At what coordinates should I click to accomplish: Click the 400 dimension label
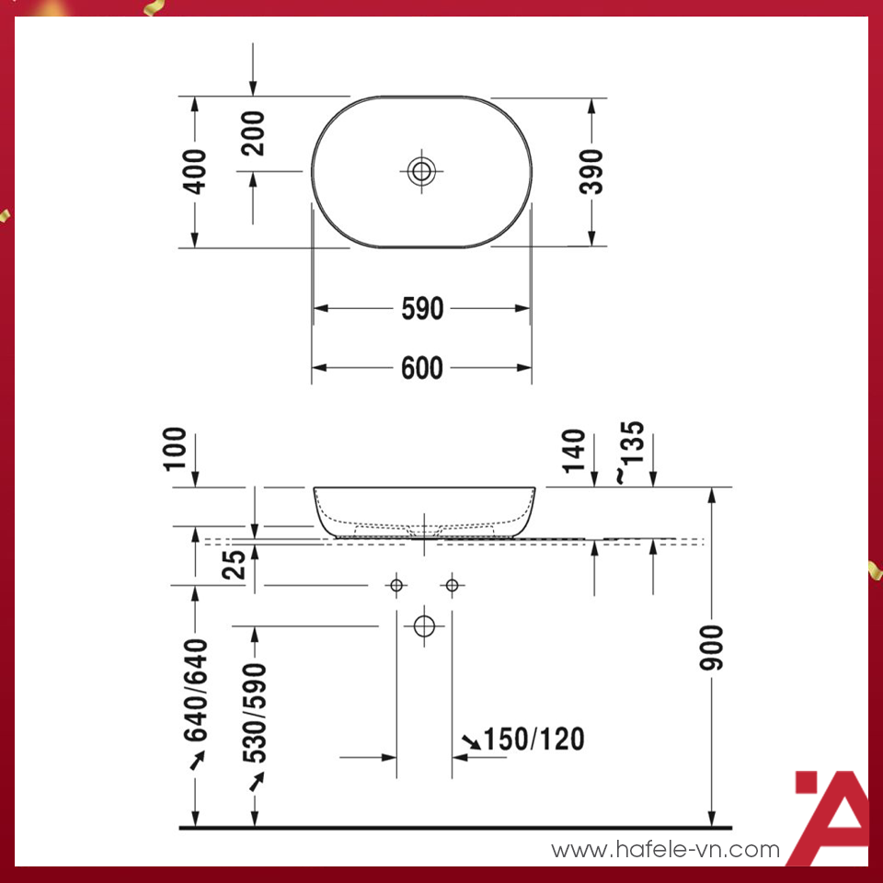[195, 171]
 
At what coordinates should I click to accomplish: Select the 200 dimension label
[253, 132]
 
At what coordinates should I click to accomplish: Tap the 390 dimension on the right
[593, 171]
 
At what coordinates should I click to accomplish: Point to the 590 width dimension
[422, 309]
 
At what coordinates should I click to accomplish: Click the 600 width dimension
[422, 368]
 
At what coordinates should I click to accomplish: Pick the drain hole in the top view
[422, 170]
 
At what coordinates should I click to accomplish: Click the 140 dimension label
[573, 451]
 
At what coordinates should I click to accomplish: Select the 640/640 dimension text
[196, 690]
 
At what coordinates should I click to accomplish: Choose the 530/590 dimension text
[255, 713]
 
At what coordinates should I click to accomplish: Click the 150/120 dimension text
[533, 739]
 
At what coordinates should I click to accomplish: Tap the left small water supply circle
[396, 585]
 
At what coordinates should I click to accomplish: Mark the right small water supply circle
[452, 585]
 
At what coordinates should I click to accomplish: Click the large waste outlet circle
[424, 626]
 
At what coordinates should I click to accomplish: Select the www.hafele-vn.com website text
[665, 851]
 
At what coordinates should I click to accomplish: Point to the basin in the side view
[424, 510]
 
